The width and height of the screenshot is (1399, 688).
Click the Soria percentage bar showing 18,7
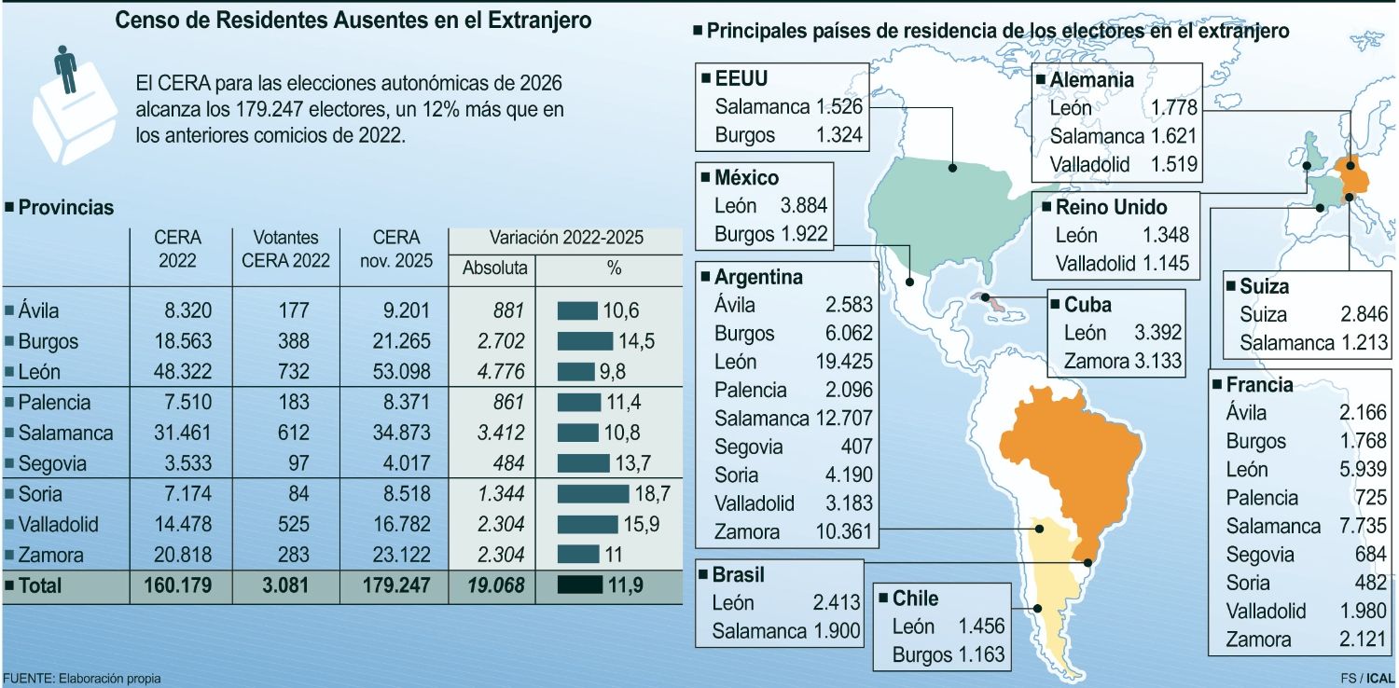(x=593, y=494)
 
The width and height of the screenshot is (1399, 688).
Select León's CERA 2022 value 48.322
(x=183, y=372)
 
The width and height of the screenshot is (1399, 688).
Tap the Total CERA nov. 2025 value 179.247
(x=395, y=585)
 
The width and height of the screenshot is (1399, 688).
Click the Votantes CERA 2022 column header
(x=285, y=250)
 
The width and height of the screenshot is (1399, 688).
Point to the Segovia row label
(x=52, y=463)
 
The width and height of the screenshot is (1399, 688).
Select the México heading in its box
(x=745, y=177)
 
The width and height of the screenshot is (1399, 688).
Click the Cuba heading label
(x=1087, y=305)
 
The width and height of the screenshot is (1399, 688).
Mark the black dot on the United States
(x=953, y=169)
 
